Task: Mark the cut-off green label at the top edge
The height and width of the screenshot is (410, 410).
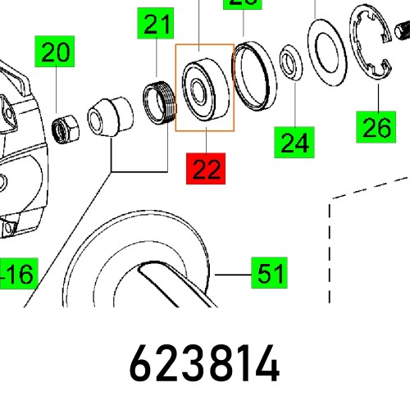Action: point(244,2)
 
